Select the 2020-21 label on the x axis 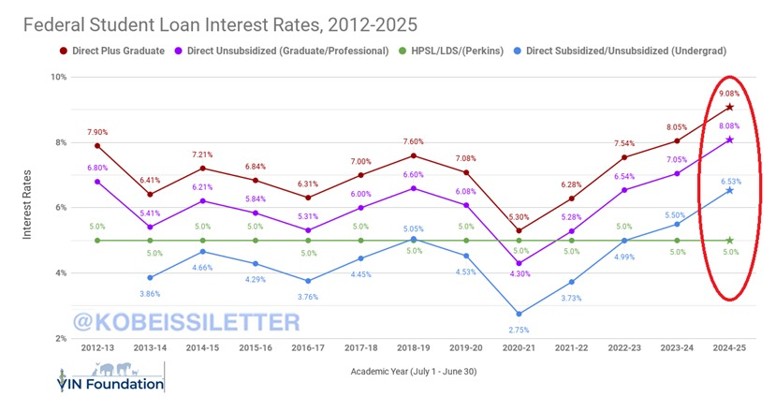click(x=519, y=347)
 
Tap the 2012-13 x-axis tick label click(x=97, y=347)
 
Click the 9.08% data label click(x=729, y=94)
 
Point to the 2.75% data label click(x=519, y=331)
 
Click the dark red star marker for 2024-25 click(x=729, y=108)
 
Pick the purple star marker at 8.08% click(x=729, y=140)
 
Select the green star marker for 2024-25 click(x=729, y=241)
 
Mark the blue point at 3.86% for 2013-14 click(x=150, y=277)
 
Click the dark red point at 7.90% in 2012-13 click(x=97, y=146)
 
